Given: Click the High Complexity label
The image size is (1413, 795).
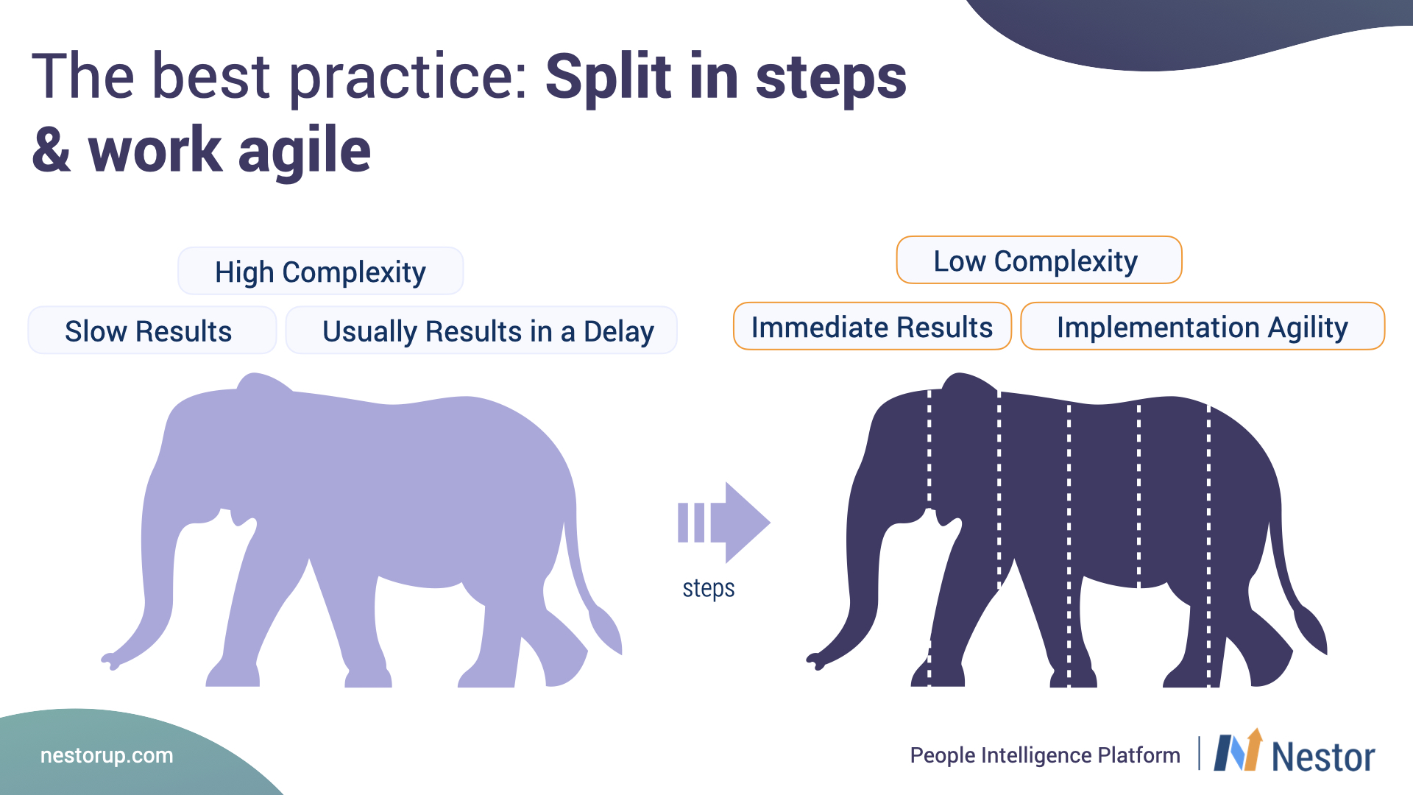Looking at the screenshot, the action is pos(321,271).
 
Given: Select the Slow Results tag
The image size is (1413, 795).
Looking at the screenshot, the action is pos(152,331).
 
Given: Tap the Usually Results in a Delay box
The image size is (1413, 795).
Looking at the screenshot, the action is pos(481,331).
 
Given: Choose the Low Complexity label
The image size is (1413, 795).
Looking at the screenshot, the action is pos(1039,260).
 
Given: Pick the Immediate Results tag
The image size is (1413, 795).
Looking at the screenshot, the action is pos(872,326).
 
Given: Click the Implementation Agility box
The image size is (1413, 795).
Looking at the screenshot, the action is pos(1203,326).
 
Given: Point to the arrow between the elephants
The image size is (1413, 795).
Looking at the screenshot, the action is pos(724,523).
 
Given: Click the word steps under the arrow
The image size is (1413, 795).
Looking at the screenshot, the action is pos(709,589).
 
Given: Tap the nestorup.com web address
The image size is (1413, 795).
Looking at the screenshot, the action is pos(107,755).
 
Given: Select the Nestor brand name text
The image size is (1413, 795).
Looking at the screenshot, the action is pos(1323,757).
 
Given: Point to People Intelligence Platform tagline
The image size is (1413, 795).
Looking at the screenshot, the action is pos(1045,755).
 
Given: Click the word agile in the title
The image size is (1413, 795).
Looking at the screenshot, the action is pos(305,151).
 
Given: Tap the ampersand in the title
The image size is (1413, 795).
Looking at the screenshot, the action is pos(52,149).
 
